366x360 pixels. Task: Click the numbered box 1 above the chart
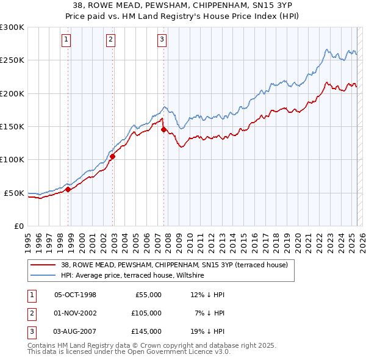(66, 40)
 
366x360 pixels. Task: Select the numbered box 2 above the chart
(110, 40)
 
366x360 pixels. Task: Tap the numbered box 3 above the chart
(162, 40)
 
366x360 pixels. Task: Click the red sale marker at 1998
(68, 189)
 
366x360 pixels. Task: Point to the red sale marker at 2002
(112, 156)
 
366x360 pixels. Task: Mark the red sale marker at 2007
(163, 129)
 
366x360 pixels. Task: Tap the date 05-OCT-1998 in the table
(75, 295)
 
